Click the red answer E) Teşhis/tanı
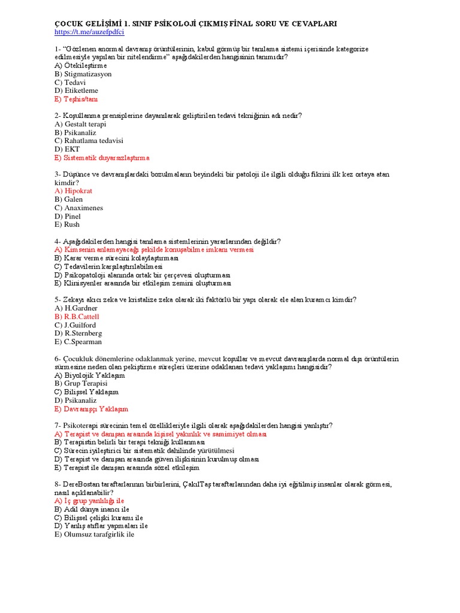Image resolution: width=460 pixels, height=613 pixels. tap(75, 99)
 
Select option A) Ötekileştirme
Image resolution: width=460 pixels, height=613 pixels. tap(80, 65)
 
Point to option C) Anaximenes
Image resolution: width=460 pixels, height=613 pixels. tap(78, 208)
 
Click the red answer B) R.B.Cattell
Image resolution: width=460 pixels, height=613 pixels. tap(77, 316)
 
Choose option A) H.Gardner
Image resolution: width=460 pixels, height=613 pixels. tap(76, 308)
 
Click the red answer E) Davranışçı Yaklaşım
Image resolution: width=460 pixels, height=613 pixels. tap(91, 408)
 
